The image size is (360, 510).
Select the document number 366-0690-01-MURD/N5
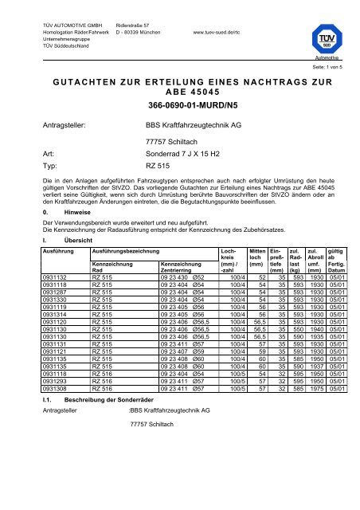pyautogui.click(x=180, y=104)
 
